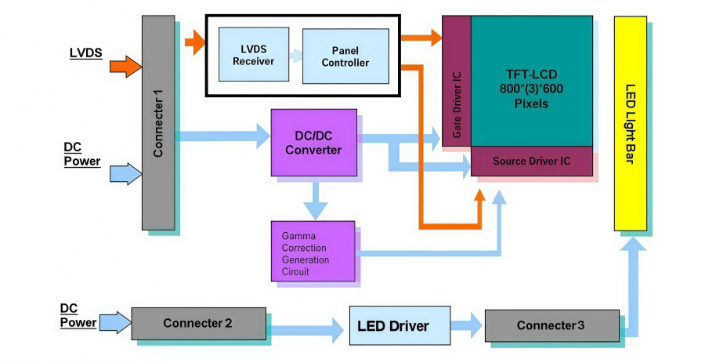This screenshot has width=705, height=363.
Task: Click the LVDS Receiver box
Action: [254, 54]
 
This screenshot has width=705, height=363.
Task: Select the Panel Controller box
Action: [345, 56]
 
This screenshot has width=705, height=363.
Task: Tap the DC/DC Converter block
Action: [314, 143]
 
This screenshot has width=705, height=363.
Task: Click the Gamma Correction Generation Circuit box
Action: [313, 252]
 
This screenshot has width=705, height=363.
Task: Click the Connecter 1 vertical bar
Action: [158, 123]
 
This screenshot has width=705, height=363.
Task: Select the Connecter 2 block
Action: [198, 324]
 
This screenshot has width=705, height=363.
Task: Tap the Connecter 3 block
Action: [551, 325]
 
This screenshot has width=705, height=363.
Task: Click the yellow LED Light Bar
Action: [631, 124]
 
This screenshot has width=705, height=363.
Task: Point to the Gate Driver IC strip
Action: [457, 81]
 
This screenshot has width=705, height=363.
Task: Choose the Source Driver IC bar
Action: [531, 161]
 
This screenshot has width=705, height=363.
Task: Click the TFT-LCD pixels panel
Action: [531, 81]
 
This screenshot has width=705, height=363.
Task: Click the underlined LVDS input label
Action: [86, 53]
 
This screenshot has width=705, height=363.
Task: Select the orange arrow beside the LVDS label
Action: [126, 67]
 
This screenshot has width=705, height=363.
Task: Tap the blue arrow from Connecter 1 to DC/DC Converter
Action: [222, 136]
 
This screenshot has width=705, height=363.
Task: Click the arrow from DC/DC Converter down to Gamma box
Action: [316, 198]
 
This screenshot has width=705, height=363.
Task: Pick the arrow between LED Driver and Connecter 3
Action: [467, 325]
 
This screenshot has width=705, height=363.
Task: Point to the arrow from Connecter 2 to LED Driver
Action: [308, 331]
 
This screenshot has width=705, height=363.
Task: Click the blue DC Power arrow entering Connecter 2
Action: [116, 322]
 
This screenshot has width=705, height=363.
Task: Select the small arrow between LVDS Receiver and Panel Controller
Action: [295, 56]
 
